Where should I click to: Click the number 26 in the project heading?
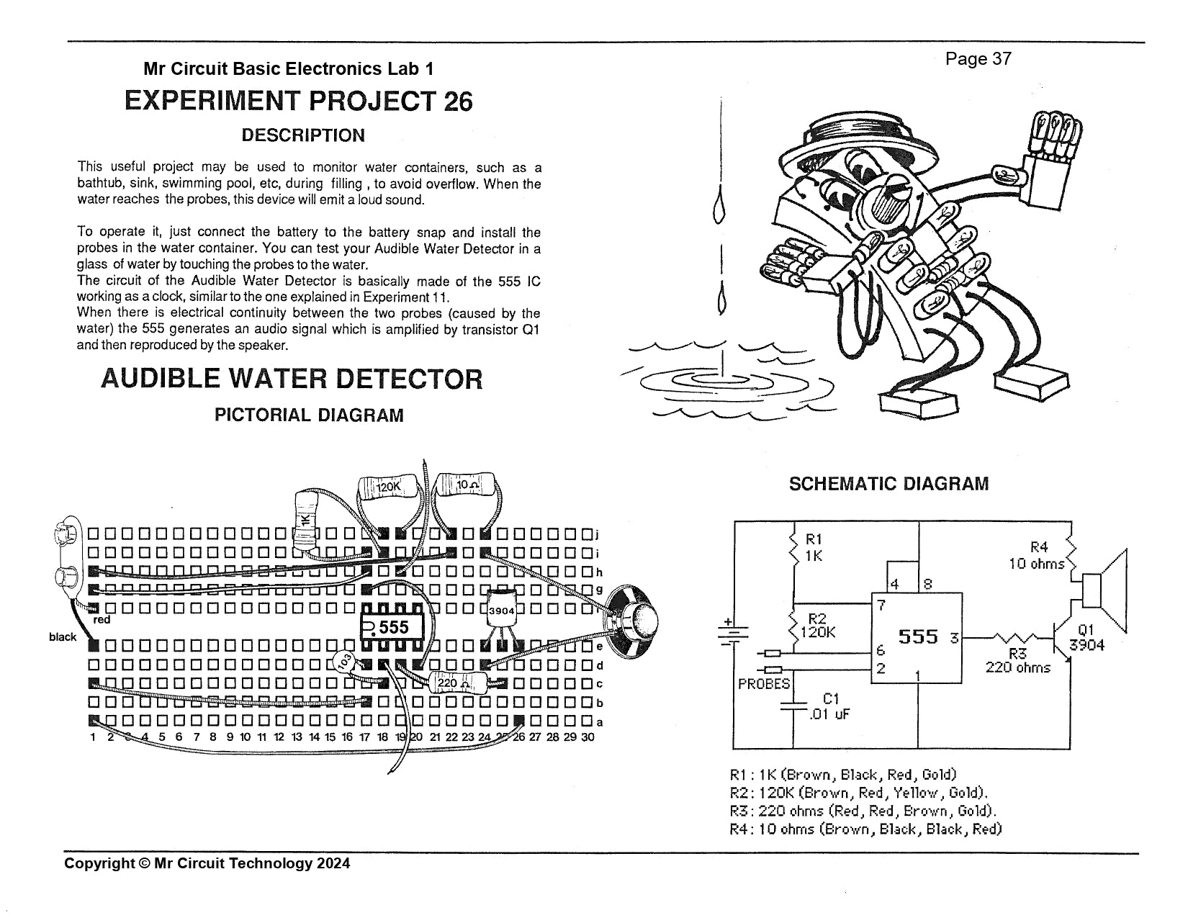(x=457, y=102)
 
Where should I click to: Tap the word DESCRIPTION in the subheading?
(x=303, y=135)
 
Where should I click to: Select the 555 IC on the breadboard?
(x=389, y=627)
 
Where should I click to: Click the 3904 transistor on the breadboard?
(x=501, y=611)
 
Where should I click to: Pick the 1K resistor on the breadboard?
(x=307, y=519)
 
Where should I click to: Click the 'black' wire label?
(x=63, y=637)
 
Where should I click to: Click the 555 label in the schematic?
(x=918, y=637)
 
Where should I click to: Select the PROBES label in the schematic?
(x=764, y=683)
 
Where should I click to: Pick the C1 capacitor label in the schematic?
(x=831, y=698)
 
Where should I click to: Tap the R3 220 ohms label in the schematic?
(x=1017, y=660)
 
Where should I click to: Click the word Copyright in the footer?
(x=99, y=863)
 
